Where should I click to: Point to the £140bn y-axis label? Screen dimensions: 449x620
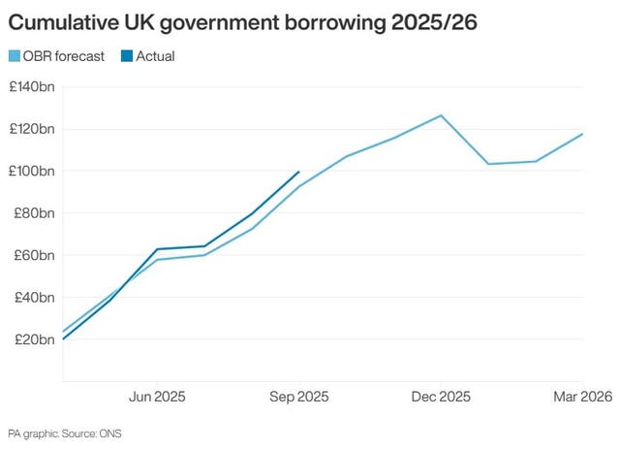click(31, 87)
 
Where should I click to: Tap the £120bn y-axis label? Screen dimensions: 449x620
click(31, 129)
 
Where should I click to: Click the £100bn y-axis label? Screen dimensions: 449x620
click(31, 172)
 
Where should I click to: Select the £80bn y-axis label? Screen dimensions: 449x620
click(34, 213)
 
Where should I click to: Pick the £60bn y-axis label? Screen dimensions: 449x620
click(34, 255)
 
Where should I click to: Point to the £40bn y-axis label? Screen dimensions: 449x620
click(34, 298)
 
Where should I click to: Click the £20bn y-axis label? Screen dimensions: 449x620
click(34, 339)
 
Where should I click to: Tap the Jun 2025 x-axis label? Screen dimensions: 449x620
click(157, 397)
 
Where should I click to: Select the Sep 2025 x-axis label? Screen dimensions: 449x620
click(298, 397)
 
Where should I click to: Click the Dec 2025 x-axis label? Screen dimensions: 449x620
click(441, 397)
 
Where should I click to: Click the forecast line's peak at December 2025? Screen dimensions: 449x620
click(441, 115)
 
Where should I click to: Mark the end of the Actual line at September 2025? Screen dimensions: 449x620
click(298, 172)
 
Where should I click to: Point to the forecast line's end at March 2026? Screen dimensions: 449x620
click(582, 134)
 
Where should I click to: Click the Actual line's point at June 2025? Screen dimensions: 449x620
click(157, 249)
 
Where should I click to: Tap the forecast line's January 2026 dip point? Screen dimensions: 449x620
click(488, 164)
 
